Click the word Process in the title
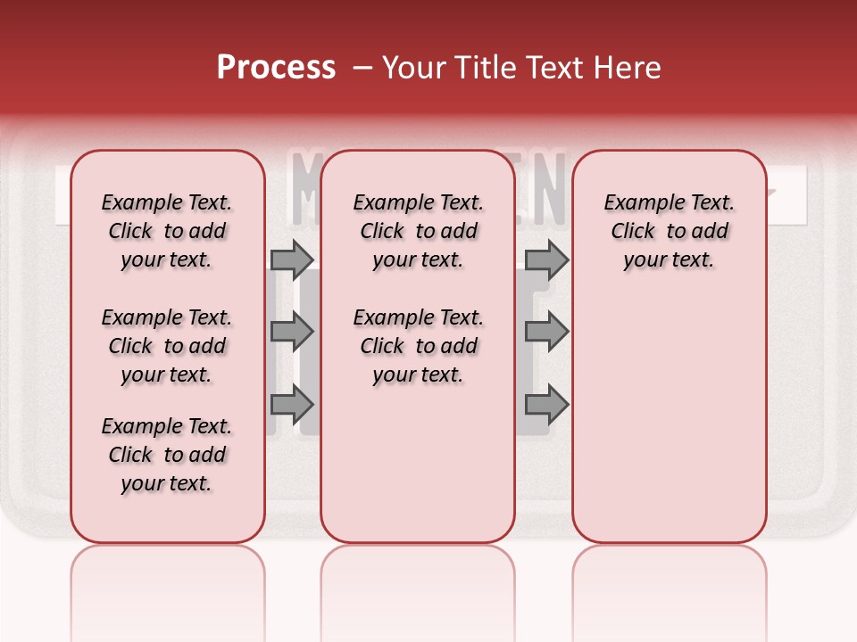[x=276, y=68]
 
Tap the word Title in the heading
[x=487, y=68]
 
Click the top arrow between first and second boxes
[x=292, y=259]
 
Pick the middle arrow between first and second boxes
[x=292, y=333]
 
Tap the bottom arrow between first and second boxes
[x=292, y=404]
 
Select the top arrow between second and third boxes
[x=546, y=259]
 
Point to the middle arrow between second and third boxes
[x=546, y=333]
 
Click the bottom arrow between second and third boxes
[x=546, y=404]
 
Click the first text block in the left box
[x=167, y=231]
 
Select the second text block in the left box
[x=167, y=346]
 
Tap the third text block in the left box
[x=167, y=455]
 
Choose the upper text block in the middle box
[x=418, y=231]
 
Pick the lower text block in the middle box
[x=418, y=346]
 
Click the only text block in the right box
[x=670, y=231]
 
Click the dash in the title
[x=362, y=68]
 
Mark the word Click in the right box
[x=633, y=232]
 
